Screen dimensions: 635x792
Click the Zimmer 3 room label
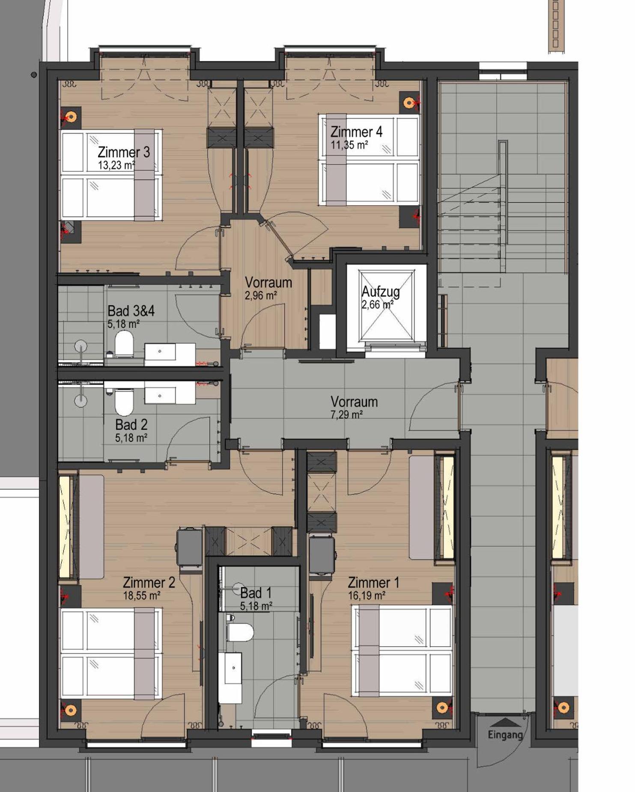tap(124, 152)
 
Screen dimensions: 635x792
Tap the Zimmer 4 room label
tap(356, 132)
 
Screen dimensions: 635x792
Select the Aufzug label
tap(381, 292)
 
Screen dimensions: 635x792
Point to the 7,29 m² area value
tap(347, 415)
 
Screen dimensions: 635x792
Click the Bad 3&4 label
tap(131, 311)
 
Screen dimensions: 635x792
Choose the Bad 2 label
tap(131, 425)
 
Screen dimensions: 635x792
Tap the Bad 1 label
tap(256, 593)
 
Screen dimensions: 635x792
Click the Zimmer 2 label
tap(149, 582)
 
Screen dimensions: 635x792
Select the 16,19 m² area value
tap(367, 595)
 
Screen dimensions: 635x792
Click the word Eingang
tap(505, 735)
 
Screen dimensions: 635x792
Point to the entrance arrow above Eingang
tap(506, 723)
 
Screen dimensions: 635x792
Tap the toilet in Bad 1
tap(240, 632)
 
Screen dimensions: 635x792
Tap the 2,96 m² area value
tap(261, 295)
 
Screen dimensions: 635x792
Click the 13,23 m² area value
tap(116, 165)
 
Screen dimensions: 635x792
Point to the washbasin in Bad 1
tap(230, 678)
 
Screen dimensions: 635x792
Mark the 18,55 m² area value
tap(142, 595)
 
